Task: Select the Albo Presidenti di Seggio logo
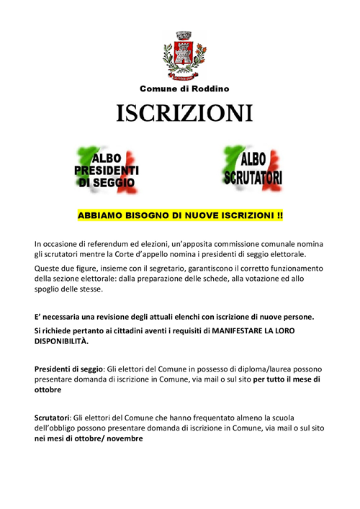pos(107,170)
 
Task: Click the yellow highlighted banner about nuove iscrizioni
pos(180,215)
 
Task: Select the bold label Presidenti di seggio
pos(69,369)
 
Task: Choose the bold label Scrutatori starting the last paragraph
pos(53,418)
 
